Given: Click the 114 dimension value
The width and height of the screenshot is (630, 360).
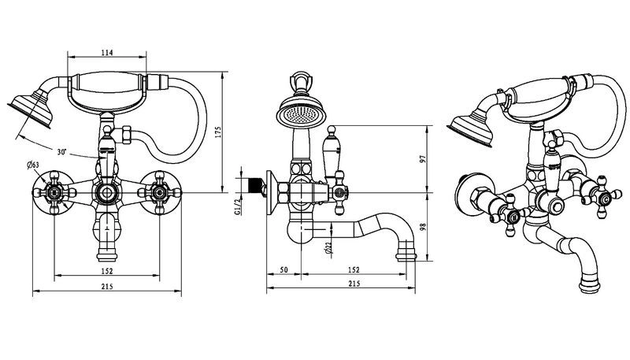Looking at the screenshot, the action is click(x=107, y=52).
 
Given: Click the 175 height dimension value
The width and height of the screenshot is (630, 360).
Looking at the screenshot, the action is click(x=218, y=132).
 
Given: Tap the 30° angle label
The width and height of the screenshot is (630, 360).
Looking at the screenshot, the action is click(x=61, y=152).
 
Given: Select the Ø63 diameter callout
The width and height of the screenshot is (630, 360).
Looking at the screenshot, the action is click(x=33, y=165).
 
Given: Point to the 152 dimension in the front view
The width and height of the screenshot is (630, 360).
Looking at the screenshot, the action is click(x=107, y=271).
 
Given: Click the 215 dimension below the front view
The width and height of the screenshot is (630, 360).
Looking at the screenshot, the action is click(x=107, y=287).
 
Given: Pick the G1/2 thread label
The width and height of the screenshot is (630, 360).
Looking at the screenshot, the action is click(x=238, y=206).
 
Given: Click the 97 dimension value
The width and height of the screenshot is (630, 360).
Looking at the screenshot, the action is click(x=422, y=158).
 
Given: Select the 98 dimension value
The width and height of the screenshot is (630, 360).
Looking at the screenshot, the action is click(x=422, y=227).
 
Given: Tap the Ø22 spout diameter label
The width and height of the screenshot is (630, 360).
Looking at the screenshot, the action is click(x=329, y=249).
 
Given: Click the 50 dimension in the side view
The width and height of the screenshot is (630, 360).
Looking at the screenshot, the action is click(x=283, y=269).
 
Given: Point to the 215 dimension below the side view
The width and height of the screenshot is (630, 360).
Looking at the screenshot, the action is click(x=354, y=284).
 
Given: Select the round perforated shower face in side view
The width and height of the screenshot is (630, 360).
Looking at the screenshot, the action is click(x=301, y=113).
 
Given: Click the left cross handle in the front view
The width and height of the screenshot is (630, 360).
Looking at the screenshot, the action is click(x=54, y=193).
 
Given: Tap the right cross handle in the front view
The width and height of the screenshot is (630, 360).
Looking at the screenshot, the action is click(x=160, y=193).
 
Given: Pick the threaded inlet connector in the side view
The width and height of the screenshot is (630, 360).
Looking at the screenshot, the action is click(x=255, y=185).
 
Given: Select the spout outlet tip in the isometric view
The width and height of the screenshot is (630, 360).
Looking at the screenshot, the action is click(x=590, y=283).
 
